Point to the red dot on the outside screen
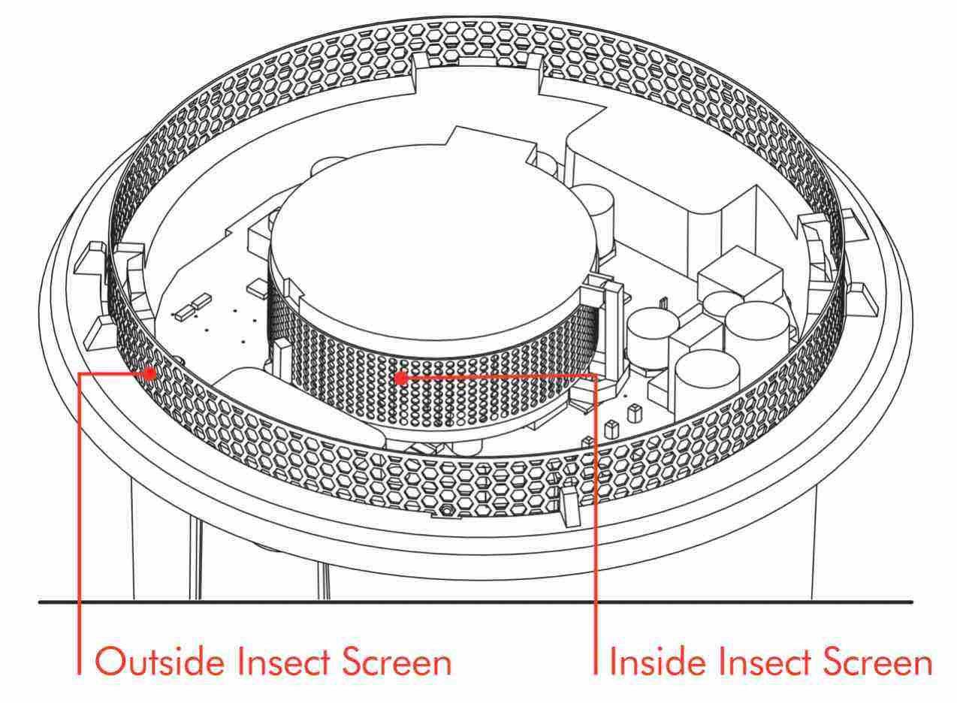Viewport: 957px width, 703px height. (149, 374)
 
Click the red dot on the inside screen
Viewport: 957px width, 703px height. (400, 378)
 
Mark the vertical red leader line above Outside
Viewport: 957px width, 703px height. (79, 523)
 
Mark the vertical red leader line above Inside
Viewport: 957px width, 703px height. (596, 524)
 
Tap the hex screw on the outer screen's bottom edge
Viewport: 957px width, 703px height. (446, 510)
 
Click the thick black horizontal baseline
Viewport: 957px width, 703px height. (475, 602)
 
